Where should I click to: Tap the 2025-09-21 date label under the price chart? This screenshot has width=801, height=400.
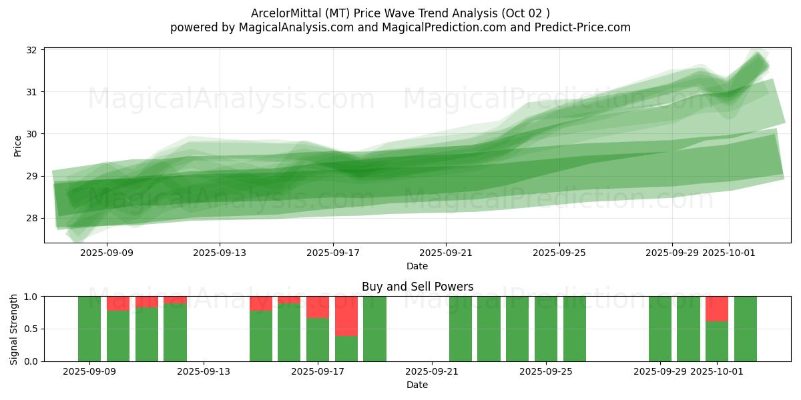(446, 253)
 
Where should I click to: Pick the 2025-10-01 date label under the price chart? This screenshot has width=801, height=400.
(729, 253)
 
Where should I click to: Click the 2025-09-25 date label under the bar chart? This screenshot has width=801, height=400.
(546, 371)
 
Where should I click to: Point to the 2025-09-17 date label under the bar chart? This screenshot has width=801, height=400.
(318, 371)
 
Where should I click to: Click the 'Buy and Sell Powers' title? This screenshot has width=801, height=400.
(417, 287)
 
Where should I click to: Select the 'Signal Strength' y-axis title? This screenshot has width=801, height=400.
(14, 329)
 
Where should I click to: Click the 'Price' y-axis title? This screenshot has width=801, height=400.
(17, 145)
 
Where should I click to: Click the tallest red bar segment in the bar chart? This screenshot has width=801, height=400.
(346, 316)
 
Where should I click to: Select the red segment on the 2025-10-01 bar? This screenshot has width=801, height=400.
(717, 309)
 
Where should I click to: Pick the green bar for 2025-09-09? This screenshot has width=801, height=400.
(89, 329)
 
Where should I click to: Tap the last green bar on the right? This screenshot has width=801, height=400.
(746, 329)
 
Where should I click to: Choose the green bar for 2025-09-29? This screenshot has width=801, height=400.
(660, 329)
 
